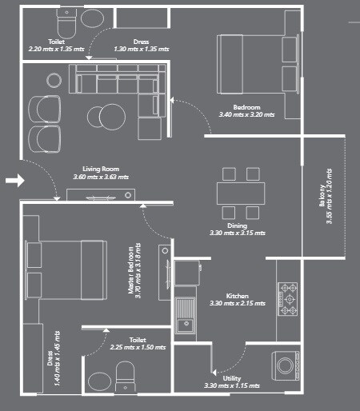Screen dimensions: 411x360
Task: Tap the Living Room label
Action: click(101, 169)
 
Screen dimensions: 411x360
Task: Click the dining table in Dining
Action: click(241, 194)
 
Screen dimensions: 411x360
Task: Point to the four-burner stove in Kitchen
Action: click(288, 299)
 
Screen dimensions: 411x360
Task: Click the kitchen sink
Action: click(187, 313)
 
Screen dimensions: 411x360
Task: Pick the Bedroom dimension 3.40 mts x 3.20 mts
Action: click(246, 115)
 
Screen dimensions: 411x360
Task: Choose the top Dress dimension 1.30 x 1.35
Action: click(142, 49)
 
